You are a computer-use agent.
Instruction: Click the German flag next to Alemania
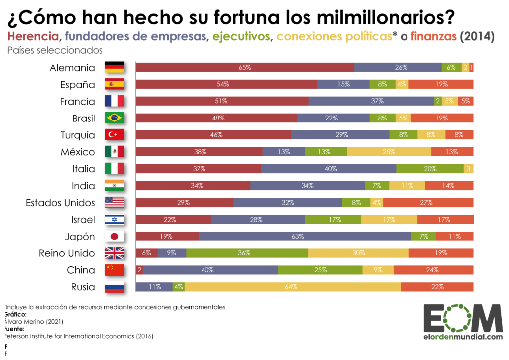(x=114, y=68)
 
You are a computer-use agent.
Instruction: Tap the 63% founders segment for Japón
(x=305, y=236)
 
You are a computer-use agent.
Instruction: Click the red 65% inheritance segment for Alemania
(x=245, y=68)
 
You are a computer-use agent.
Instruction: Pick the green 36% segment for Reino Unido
(x=247, y=253)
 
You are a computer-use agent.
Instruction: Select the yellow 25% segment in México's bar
(x=389, y=152)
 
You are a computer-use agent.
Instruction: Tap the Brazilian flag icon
(x=114, y=118)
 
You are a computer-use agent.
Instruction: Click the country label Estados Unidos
(x=60, y=203)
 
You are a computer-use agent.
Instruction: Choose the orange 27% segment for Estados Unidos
(x=428, y=203)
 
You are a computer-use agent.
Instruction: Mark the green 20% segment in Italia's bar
(x=430, y=169)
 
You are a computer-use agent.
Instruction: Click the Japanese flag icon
(x=114, y=236)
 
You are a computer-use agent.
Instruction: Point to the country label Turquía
(x=77, y=135)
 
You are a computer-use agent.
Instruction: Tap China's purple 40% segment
(x=207, y=270)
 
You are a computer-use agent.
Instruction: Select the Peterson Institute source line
(x=80, y=336)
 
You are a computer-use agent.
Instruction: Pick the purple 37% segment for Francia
(x=371, y=101)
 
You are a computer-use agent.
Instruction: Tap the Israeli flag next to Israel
(x=114, y=220)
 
